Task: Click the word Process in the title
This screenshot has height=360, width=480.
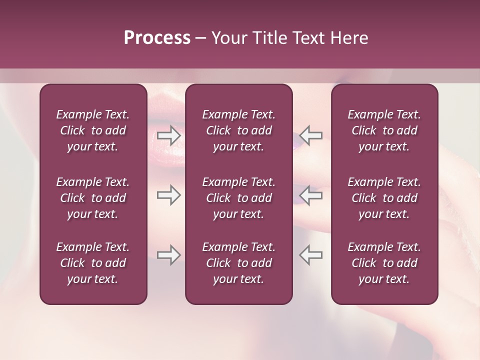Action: click(x=157, y=38)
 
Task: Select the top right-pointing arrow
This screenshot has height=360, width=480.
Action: click(x=169, y=135)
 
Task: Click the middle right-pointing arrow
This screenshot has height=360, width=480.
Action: click(x=169, y=195)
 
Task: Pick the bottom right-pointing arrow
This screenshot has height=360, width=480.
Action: click(x=169, y=255)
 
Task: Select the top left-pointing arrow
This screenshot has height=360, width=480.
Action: click(x=310, y=135)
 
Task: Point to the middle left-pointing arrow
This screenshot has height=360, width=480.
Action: click(x=310, y=195)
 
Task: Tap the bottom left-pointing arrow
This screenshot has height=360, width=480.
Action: click(x=310, y=255)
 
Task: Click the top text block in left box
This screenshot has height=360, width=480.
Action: click(x=93, y=130)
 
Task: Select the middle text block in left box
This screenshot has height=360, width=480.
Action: click(x=93, y=198)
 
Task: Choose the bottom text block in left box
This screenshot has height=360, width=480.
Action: click(x=93, y=263)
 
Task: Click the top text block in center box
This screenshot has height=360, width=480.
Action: click(x=238, y=130)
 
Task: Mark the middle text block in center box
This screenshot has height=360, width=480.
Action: click(x=238, y=198)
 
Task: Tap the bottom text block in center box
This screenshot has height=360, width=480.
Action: click(x=238, y=263)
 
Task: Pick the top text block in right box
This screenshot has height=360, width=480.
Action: click(x=384, y=130)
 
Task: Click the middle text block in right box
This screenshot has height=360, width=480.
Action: click(x=384, y=198)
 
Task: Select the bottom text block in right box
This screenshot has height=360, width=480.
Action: click(x=384, y=263)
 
